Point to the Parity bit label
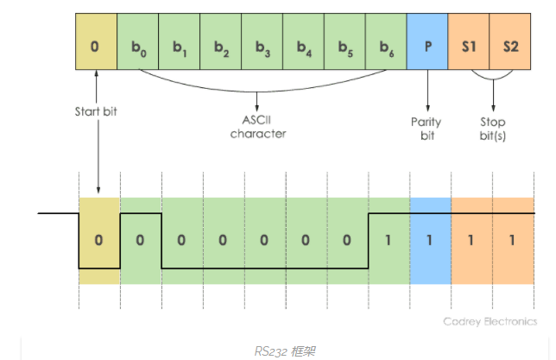coord(426,127)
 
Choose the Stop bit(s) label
coord(491,127)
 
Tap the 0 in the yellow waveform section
coord(98,239)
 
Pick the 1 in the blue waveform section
coord(429,239)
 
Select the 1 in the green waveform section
coord(388,239)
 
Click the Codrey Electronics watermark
coord(490,321)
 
